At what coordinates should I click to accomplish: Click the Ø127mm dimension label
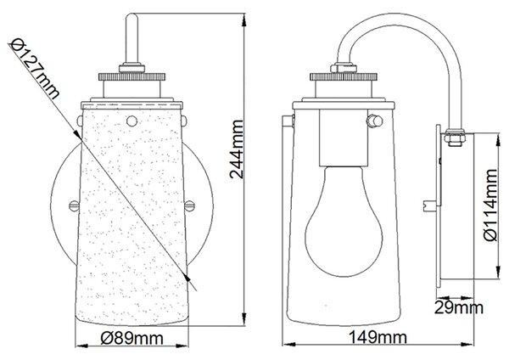click(35, 69)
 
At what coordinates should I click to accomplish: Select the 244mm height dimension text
click(237, 149)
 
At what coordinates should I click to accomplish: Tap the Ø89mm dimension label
click(131, 339)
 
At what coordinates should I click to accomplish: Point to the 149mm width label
click(378, 337)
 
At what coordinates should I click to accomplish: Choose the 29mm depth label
click(458, 307)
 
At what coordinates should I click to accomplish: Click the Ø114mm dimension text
click(489, 205)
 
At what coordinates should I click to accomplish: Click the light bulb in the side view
click(344, 221)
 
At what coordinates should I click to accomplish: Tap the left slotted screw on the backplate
click(74, 205)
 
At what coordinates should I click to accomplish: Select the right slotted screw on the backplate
click(189, 205)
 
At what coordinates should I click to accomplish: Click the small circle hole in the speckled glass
click(131, 121)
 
